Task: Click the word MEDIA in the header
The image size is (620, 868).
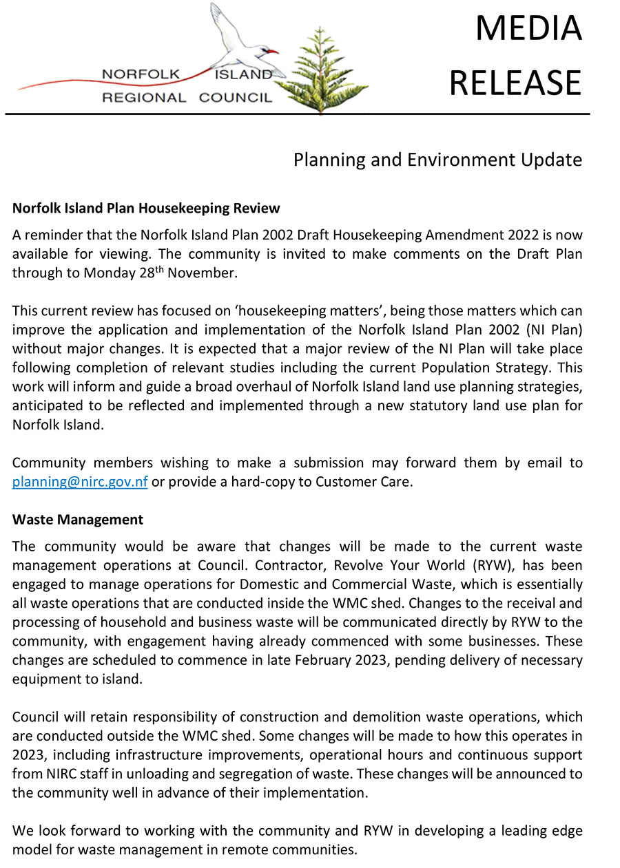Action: coord(528,29)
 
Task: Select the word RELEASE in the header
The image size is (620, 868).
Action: coord(515,83)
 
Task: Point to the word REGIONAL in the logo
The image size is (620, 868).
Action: coord(144,98)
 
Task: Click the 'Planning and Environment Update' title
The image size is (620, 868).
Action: coord(437,160)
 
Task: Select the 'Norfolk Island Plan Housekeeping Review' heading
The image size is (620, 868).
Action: coord(146,208)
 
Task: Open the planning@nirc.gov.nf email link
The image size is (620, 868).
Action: coord(80,481)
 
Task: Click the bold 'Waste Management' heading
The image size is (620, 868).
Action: coord(78,520)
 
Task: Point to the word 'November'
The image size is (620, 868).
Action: coord(207,273)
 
